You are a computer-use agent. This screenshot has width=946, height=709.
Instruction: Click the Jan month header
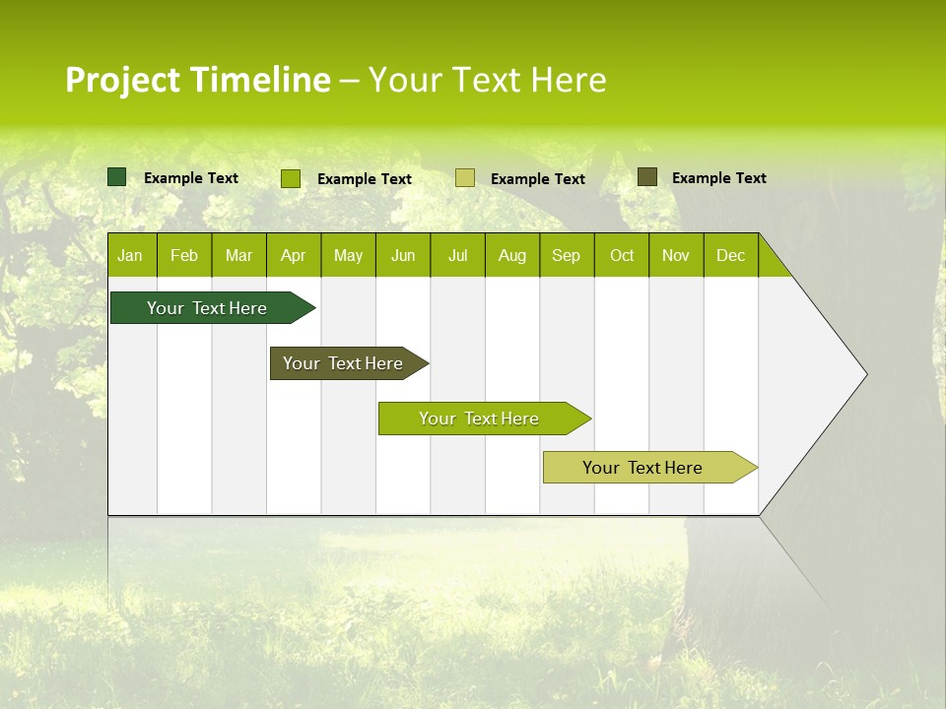[131, 255]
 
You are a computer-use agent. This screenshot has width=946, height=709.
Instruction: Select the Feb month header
[184, 255]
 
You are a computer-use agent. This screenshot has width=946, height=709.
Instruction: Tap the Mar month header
[238, 255]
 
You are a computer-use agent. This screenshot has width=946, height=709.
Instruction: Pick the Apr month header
[294, 255]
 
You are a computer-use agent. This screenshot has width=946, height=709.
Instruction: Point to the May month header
[348, 255]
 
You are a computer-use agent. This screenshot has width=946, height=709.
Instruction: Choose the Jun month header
[403, 255]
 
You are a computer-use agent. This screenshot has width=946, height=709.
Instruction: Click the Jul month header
[457, 255]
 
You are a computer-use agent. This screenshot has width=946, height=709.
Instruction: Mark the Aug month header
[512, 255]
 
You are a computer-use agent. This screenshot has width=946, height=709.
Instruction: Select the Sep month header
[567, 255]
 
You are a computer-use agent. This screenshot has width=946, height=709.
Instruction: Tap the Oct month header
[622, 255]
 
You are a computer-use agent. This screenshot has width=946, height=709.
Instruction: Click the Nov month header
[676, 255]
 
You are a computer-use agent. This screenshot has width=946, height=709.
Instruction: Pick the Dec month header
[731, 255]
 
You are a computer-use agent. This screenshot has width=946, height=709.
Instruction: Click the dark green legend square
[117, 177]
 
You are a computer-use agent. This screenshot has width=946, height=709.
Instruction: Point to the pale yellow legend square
[465, 178]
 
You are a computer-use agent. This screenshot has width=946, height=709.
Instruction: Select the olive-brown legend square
[647, 177]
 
